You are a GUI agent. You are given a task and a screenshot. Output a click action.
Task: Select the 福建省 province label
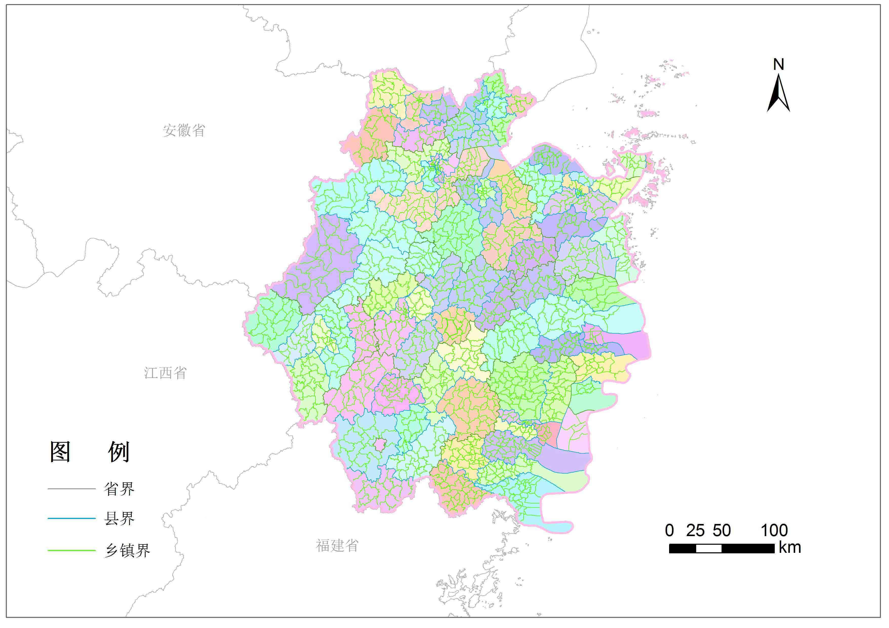pos(337,545)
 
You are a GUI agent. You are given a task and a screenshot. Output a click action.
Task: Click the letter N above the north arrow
pos(779,65)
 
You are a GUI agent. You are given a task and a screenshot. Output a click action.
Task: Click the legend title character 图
pos(60,452)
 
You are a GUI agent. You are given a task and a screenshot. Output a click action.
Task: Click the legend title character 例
pos(119,452)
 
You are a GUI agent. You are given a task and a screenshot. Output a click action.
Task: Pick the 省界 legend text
pos(119,489)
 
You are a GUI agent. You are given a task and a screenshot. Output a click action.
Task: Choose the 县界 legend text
pos(119,518)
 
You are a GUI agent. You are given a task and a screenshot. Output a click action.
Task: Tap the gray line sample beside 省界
pos(72,489)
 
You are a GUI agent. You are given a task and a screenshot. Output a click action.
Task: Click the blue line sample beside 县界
pos(72,518)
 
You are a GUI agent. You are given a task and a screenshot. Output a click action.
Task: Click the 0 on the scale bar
pos(669,531)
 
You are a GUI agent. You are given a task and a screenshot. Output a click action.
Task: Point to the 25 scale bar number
pos(695,531)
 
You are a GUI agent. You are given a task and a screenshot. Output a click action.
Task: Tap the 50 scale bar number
pos(722,531)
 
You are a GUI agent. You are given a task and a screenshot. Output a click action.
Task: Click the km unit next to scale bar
pos(790,548)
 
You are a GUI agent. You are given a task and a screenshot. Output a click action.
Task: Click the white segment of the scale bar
pos(709,548)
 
